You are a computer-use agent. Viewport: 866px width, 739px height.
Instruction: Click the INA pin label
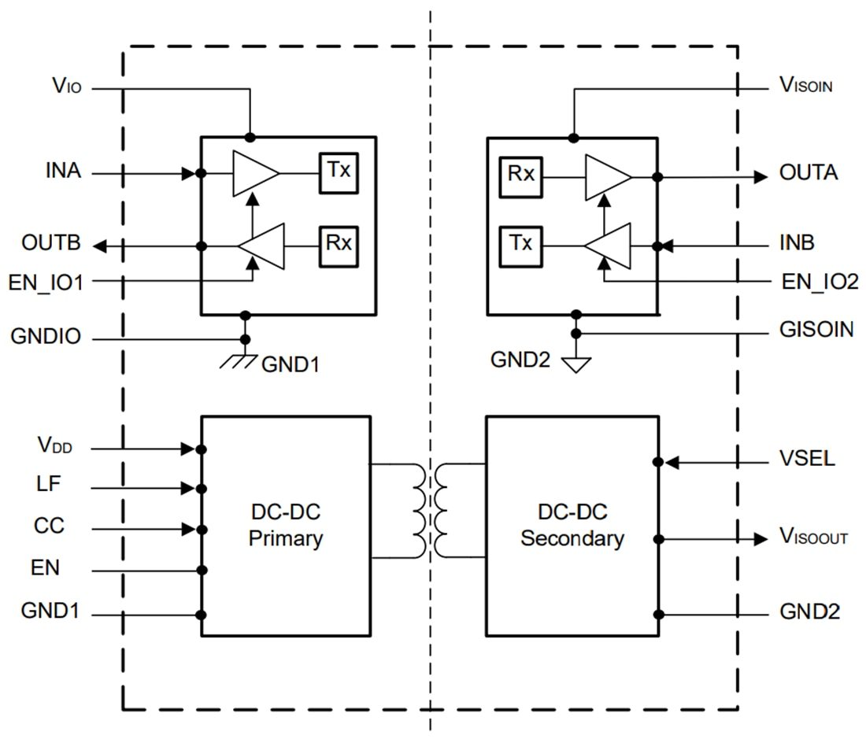[x=64, y=170]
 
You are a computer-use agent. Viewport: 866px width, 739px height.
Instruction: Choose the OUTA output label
[x=808, y=173]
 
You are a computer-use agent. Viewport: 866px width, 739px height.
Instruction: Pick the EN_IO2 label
[x=820, y=281]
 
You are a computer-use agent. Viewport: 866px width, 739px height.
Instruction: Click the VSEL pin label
[x=807, y=459]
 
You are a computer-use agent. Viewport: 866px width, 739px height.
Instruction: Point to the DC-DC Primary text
[x=285, y=526]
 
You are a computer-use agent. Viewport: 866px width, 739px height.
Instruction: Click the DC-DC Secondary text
[x=572, y=526]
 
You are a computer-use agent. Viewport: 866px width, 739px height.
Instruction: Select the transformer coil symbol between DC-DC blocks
[x=430, y=511]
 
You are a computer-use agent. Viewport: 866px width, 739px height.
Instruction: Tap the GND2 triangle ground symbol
[x=576, y=364]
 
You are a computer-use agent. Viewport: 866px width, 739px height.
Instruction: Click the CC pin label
[x=48, y=525]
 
